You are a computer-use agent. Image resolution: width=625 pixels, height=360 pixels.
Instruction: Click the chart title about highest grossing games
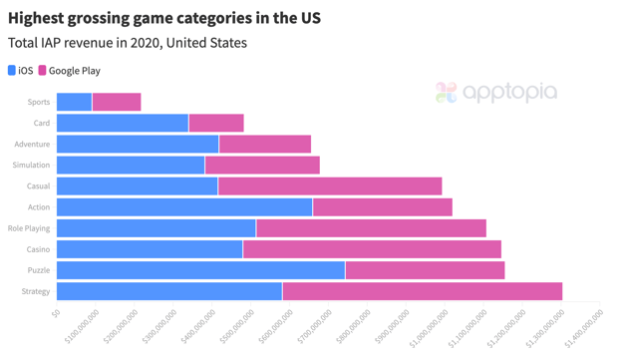(x=164, y=18)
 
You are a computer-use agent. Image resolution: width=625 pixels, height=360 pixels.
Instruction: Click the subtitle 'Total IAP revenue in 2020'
(x=128, y=43)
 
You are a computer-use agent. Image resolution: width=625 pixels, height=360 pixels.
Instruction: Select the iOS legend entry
(x=21, y=71)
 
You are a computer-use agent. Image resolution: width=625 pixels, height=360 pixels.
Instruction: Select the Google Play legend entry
(x=69, y=71)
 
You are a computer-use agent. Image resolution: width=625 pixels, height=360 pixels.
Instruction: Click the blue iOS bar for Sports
(x=74, y=102)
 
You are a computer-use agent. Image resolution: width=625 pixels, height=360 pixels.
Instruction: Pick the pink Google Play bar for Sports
(x=116, y=102)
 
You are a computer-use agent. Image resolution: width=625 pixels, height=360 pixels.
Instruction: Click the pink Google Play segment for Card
(x=215, y=123)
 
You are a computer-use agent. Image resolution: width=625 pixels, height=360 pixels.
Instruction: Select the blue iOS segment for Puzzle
(x=200, y=270)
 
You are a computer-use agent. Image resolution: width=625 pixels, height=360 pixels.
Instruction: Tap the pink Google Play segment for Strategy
(x=422, y=291)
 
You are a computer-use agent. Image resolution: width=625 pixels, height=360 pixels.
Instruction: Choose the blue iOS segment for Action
(x=184, y=207)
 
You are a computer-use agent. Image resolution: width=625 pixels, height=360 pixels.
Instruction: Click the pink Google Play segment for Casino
(x=371, y=249)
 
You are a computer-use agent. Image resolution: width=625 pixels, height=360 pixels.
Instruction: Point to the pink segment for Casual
(x=329, y=186)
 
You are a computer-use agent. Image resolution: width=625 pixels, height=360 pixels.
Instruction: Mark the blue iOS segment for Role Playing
(x=156, y=228)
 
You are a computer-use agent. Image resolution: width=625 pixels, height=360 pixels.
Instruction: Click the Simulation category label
(x=31, y=166)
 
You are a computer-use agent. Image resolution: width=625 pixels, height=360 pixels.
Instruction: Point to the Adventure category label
(x=32, y=145)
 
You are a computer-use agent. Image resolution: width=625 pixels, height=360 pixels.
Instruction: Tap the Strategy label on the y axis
(x=35, y=292)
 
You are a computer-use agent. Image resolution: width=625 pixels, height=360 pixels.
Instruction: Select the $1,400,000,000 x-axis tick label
(x=585, y=326)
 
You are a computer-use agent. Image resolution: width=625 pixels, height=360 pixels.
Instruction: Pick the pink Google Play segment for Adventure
(x=264, y=145)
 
